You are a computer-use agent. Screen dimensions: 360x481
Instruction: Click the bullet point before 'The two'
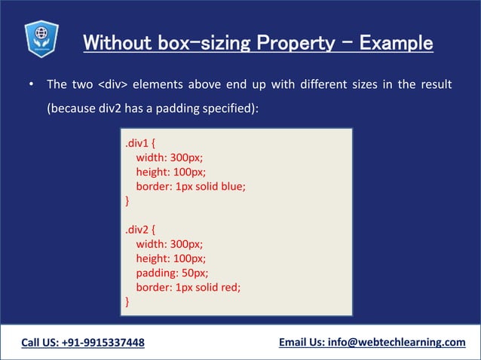coord(30,84)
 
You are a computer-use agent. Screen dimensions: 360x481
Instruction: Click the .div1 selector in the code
coord(139,142)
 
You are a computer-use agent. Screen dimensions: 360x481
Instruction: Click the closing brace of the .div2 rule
coord(127,301)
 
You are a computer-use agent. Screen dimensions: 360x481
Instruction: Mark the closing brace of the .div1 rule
coord(127,201)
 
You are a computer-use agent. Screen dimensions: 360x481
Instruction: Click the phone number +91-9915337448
coord(106,343)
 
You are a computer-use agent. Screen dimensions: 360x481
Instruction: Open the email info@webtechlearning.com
coord(397,343)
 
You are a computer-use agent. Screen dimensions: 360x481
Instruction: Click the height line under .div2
coord(170,258)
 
